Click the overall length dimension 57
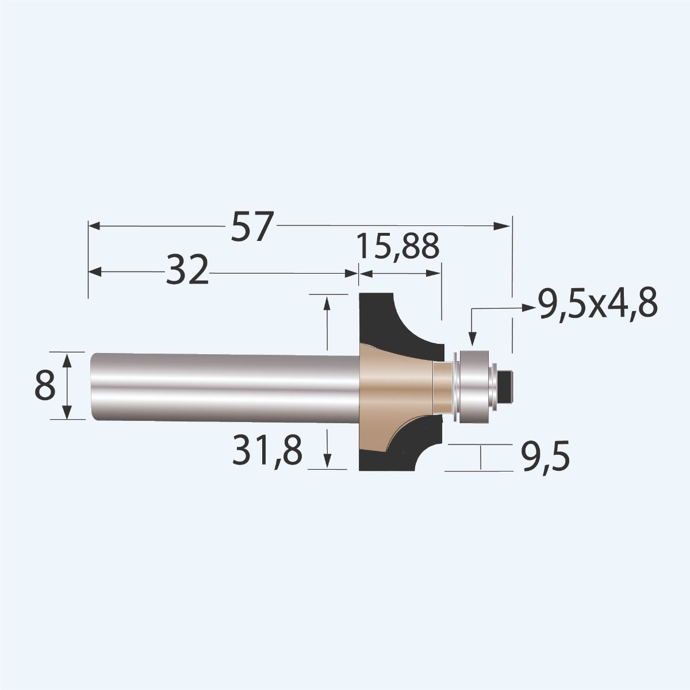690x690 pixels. pyautogui.click(x=251, y=227)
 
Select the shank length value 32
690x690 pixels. pyautogui.click(x=186, y=271)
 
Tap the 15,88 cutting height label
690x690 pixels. pyautogui.click(x=397, y=246)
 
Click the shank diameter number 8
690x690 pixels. pyautogui.click(x=45, y=386)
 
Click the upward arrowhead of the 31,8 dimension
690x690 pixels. pyautogui.click(x=327, y=302)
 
